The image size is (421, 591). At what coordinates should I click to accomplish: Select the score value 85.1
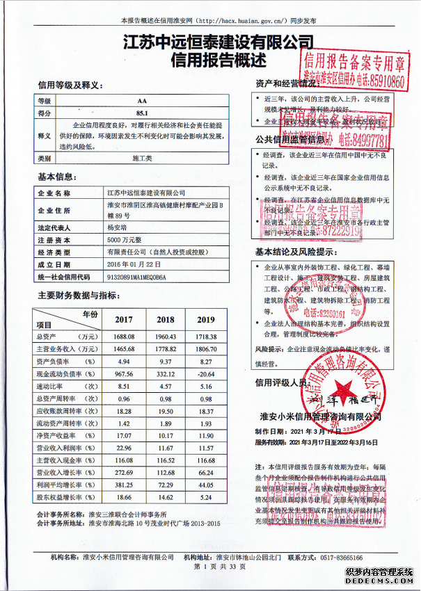pyautogui.click(x=142, y=112)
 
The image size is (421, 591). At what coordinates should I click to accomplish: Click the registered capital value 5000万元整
pyautogui.click(x=125, y=239)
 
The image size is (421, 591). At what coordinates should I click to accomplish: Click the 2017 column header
pyautogui.click(x=124, y=320)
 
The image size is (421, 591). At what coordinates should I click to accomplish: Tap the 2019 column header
pyautogui.click(x=205, y=320)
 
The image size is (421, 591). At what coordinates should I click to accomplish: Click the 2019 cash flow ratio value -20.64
pyautogui.click(x=205, y=374)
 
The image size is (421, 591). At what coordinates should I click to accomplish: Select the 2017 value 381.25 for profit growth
pyautogui.click(x=124, y=485)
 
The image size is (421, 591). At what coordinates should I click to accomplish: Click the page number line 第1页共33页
pyautogui.click(x=209, y=568)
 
